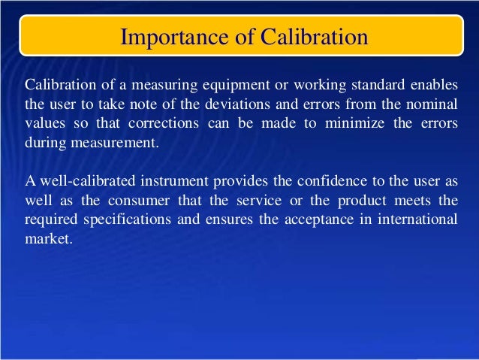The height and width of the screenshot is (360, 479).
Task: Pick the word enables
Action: pos(433,82)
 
